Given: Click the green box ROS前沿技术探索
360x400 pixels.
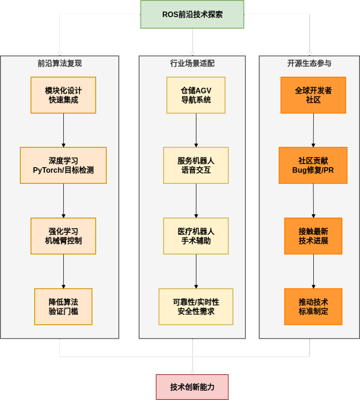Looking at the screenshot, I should [192, 14].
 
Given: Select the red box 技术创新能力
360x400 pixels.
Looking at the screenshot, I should [192, 387].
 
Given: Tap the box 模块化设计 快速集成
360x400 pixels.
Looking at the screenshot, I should [63, 95].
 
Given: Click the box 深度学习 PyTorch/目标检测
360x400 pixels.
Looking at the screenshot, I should [63, 165].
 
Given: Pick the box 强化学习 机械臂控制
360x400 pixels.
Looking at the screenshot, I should [63, 236].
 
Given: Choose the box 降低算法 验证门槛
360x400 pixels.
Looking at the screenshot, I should [63, 306].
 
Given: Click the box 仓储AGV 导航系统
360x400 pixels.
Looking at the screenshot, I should [196, 95].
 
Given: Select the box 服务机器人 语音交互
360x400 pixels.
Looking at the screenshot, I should [196, 165].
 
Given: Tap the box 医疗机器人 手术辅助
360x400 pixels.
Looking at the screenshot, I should [196, 236].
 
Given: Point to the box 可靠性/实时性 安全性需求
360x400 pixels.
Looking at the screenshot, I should [196, 306].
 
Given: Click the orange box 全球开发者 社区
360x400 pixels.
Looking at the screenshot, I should [313, 95].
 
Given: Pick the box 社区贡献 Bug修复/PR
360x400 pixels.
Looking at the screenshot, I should [313, 165].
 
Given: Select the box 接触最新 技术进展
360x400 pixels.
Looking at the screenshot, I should [313, 236].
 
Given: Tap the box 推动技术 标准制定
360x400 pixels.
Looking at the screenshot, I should [313, 306].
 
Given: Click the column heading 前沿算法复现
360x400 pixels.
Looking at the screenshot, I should [60, 63].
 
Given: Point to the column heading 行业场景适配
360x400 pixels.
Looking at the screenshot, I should [192, 63].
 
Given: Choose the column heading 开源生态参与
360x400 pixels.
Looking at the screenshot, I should [309, 63].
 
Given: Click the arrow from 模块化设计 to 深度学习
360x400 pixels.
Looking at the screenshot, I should [63, 130].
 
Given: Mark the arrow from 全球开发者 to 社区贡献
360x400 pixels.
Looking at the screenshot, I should [313, 130].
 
